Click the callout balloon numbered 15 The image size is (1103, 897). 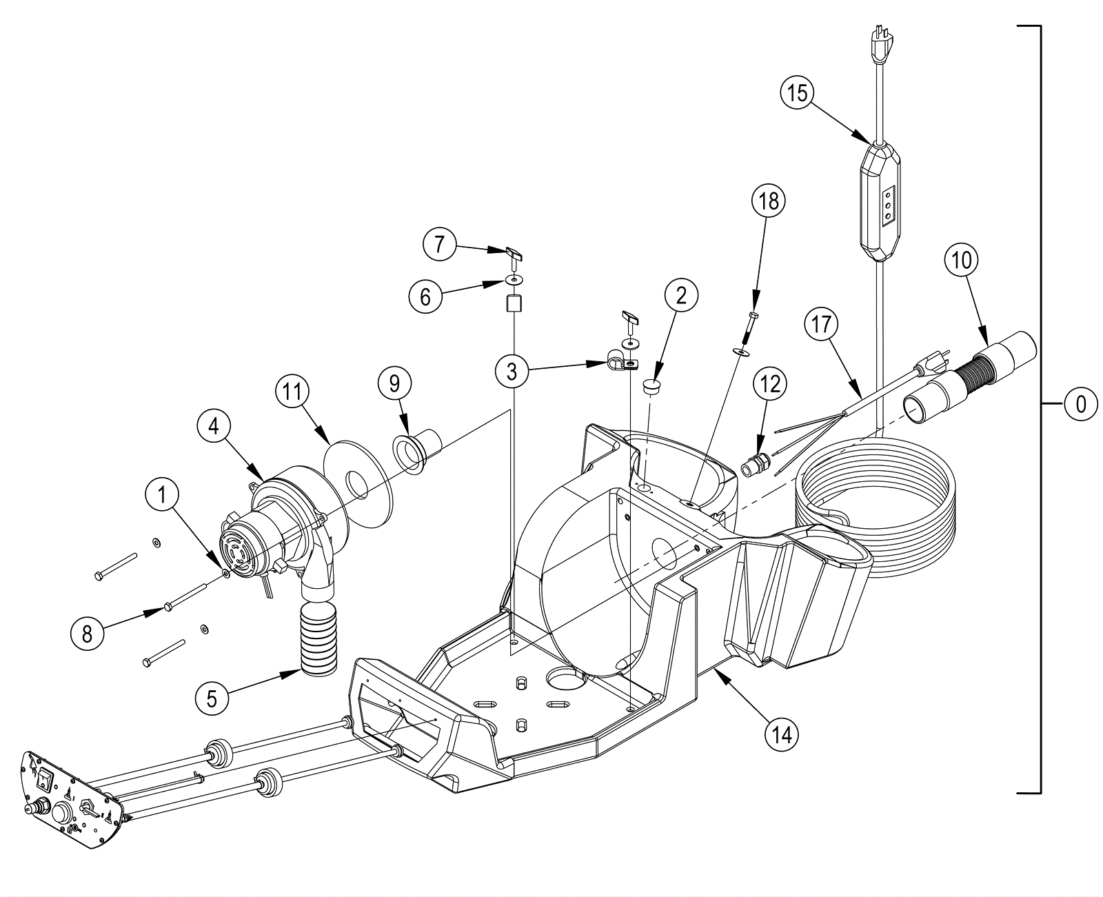point(798,92)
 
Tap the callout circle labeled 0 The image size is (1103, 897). point(1081,403)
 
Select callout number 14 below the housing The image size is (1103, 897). point(782,734)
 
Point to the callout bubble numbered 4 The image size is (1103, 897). point(213,425)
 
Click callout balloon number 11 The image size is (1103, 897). point(292,392)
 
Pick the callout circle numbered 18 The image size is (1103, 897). point(769,201)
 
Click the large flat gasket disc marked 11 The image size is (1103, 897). point(356,483)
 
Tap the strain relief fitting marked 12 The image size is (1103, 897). point(756,463)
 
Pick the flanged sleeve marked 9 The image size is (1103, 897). point(417,448)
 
